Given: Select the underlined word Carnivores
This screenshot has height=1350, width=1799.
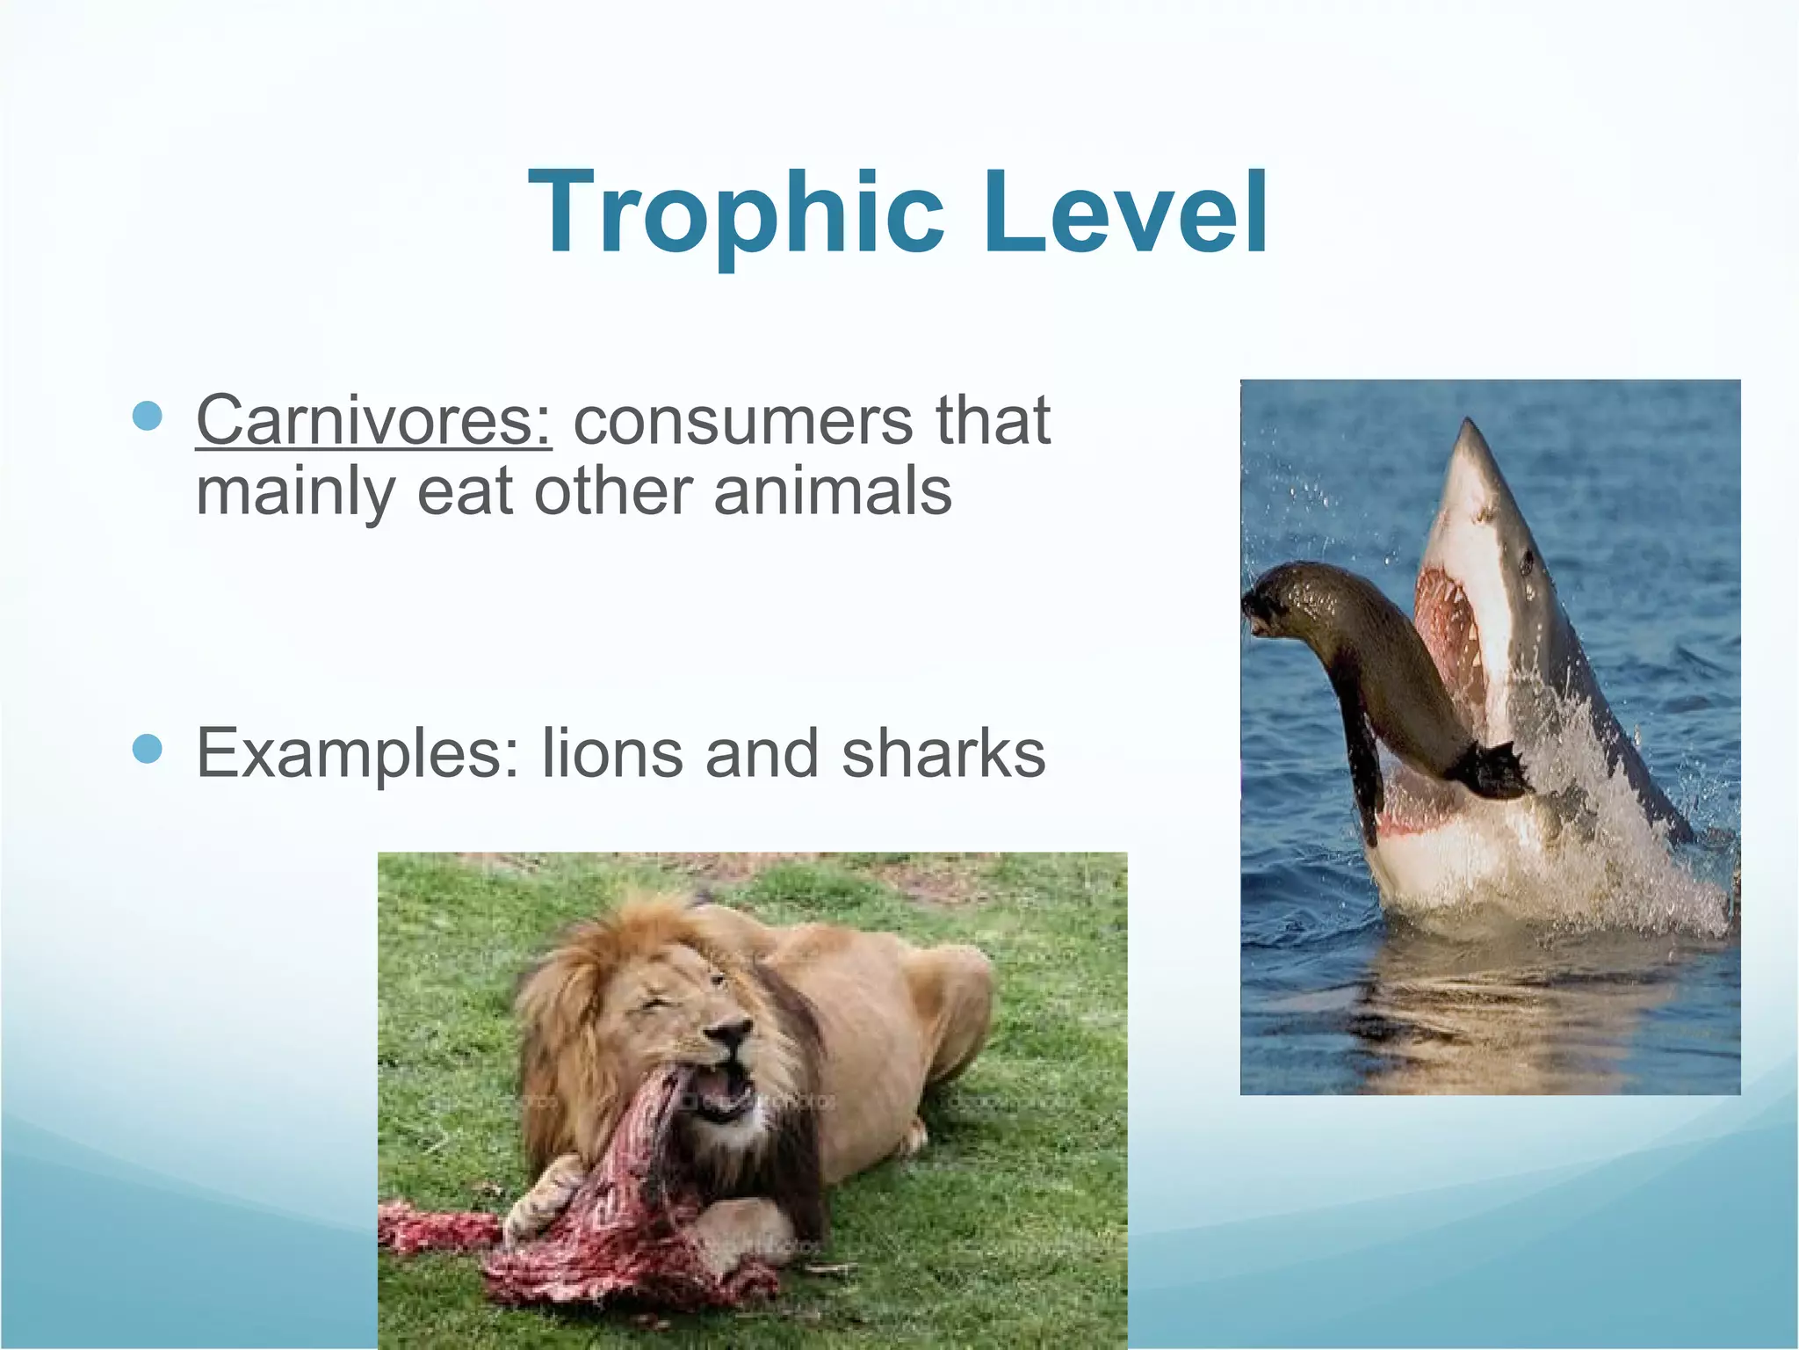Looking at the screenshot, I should click(x=374, y=420).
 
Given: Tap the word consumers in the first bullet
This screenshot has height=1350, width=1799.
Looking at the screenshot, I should click(x=743, y=420).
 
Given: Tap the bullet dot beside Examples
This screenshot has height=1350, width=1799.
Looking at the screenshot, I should click(x=148, y=749).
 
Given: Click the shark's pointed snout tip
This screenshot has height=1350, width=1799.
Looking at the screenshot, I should click(x=1464, y=425).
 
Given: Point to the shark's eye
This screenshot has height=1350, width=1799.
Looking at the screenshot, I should click(x=1528, y=557).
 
